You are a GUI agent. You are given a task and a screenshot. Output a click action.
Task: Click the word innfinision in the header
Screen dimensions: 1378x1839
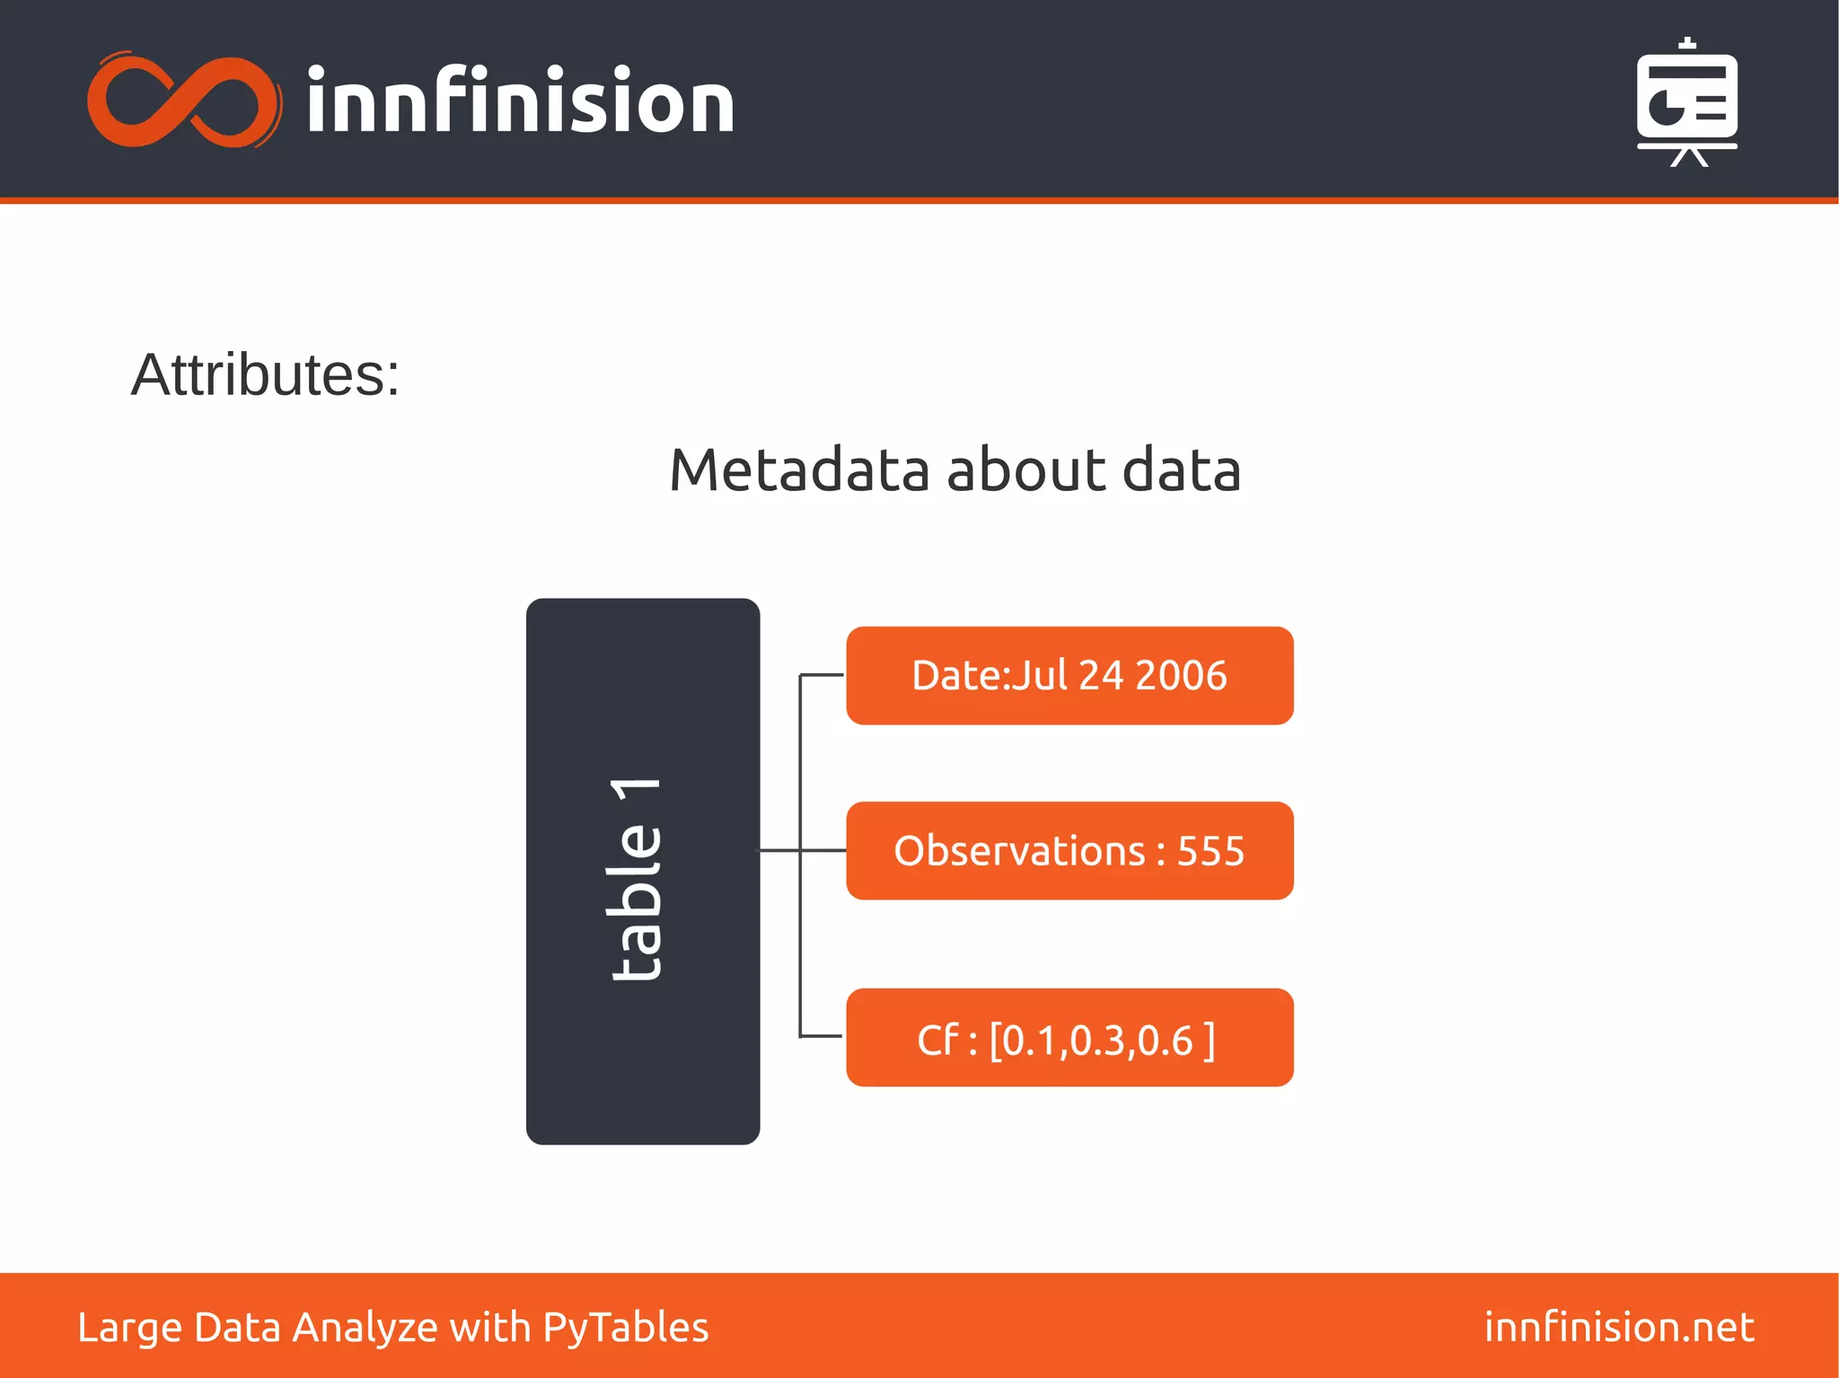click(x=520, y=101)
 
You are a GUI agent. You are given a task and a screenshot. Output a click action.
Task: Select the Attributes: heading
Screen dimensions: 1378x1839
click(x=265, y=374)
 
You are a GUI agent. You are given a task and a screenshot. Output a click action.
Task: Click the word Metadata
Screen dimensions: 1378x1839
click(x=799, y=470)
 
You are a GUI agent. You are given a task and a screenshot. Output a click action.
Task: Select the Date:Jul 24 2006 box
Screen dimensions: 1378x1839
click(x=1069, y=676)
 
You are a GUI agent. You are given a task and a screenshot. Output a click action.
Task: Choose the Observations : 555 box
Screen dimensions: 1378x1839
click(x=1069, y=851)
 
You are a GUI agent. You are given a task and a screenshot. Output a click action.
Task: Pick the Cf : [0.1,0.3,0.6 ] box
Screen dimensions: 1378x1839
click(x=1069, y=1038)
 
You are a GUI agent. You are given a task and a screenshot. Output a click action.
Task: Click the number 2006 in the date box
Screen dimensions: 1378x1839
click(x=1181, y=676)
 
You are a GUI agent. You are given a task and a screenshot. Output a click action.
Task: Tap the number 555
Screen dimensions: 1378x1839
click(x=1210, y=851)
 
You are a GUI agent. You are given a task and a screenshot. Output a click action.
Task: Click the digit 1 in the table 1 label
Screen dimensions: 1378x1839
click(x=637, y=794)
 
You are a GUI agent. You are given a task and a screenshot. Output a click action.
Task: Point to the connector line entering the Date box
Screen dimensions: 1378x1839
click(x=822, y=674)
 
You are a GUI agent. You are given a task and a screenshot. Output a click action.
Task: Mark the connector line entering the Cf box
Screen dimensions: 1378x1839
click(x=822, y=1036)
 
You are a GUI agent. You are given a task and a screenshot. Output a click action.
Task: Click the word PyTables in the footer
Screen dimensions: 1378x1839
click(x=626, y=1328)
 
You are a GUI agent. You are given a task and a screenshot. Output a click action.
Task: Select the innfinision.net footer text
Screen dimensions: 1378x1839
click(x=1619, y=1327)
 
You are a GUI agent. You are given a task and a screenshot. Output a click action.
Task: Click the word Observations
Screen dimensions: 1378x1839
click(x=1019, y=851)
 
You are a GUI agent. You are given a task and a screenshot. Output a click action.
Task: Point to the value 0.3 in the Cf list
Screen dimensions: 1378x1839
click(x=1097, y=1040)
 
